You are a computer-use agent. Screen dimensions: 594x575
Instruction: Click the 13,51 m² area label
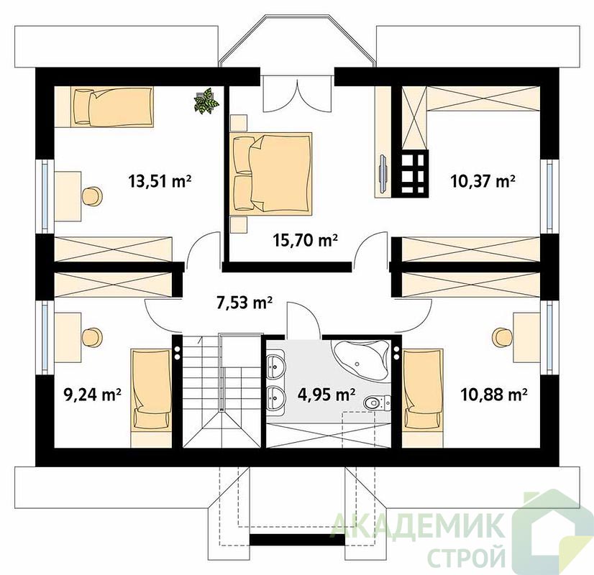click(x=160, y=181)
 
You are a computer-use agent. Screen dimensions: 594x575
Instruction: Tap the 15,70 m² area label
click(x=306, y=239)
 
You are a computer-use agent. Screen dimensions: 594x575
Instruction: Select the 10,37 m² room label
click(x=483, y=181)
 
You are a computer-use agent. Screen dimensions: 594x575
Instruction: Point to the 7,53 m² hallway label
click(x=245, y=303)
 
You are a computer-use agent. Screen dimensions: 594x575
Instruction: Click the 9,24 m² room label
click(x=93, y=395)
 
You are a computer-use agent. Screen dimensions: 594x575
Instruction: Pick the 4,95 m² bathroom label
click(x=326, y=395)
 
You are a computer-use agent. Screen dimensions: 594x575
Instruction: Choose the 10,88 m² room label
click(x=494, y=395)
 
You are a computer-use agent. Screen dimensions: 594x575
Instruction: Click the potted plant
click(x=206, y=101)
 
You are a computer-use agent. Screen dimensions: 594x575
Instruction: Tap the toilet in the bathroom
click(x=378, y=402)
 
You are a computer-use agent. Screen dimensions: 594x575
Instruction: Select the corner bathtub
click(x=362, y=358)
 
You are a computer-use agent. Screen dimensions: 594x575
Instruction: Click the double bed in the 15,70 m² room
click(x=270, y=174)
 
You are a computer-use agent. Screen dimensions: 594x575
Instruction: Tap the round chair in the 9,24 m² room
click(x=92, y=338)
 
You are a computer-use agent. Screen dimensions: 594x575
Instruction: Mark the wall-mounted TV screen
click(x=383, y=173)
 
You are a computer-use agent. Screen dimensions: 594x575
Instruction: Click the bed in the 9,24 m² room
click(x=151, y=398)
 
